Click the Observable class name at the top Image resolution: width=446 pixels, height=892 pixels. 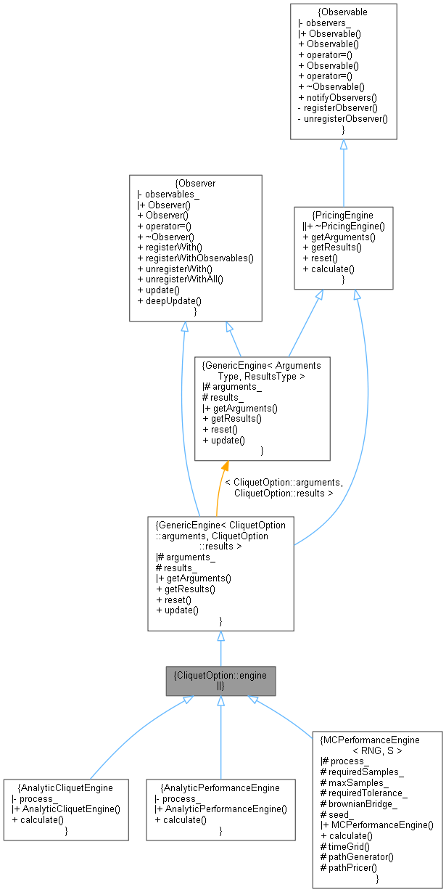[343, 12]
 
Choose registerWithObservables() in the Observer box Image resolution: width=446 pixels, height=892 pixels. [198, 258]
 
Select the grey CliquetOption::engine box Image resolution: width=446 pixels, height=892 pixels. [220, 680]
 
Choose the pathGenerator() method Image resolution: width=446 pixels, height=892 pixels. [357, 856]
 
